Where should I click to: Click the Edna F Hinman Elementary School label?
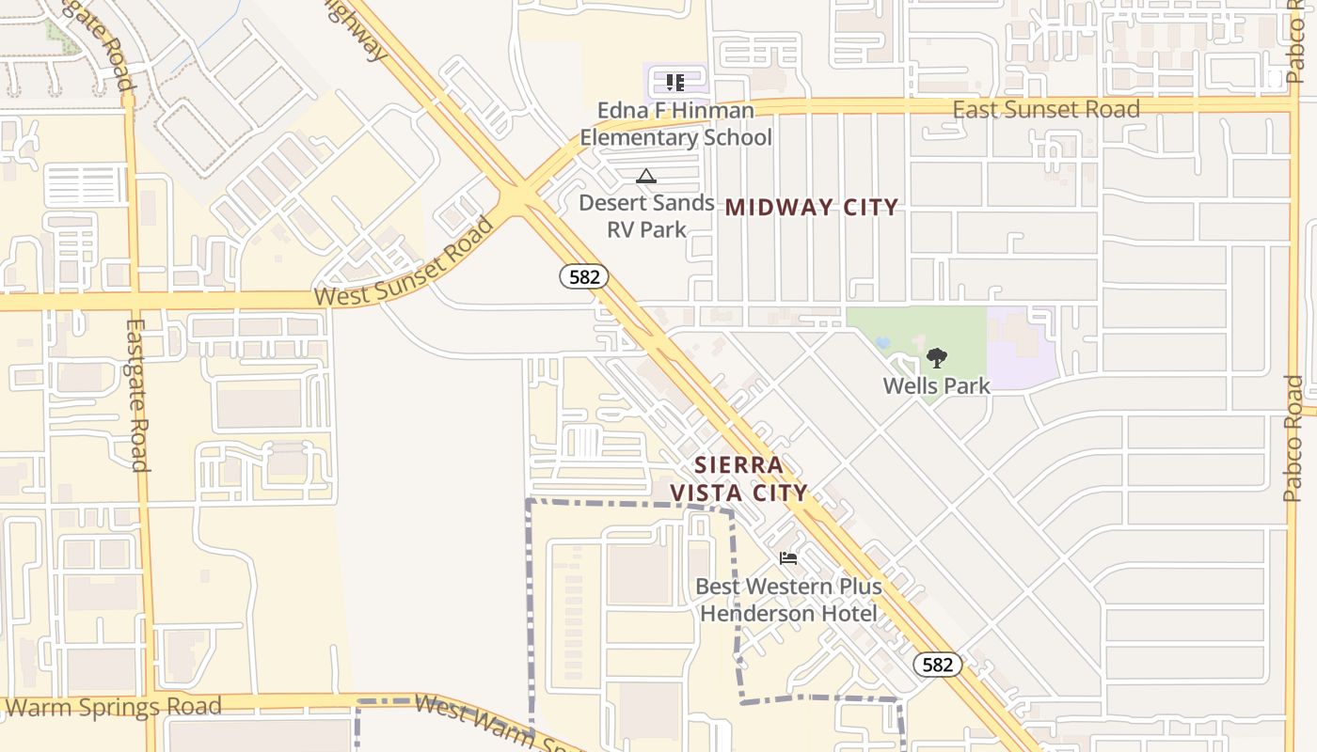pos(675,124)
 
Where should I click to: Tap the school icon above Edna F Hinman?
pos(674,83)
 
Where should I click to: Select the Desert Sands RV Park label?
pos(646,216)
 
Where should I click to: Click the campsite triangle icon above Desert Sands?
pos(645,176)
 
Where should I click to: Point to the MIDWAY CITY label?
pos(811,207)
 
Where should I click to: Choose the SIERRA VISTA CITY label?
pos(738,478)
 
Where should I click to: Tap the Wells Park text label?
pos(936,385)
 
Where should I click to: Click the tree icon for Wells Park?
pos(936,357)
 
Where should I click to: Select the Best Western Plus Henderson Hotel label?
pos(788,600)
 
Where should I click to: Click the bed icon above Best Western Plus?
pos(788,557)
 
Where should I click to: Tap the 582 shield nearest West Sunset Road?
pos(584,276)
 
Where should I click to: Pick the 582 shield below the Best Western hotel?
pos(937,665)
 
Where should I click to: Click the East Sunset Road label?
pos(1046,109)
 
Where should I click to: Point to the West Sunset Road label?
pos(405,262)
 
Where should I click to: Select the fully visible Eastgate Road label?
pos(137,395)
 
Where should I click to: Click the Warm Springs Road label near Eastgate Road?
pos(113,706)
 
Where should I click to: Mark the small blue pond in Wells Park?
pos(882,343)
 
